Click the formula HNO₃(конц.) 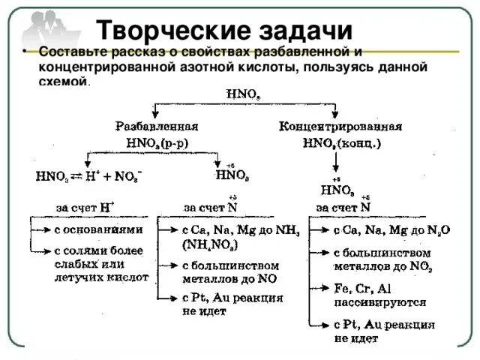(339, 141)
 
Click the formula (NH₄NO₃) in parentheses (211, 245)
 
